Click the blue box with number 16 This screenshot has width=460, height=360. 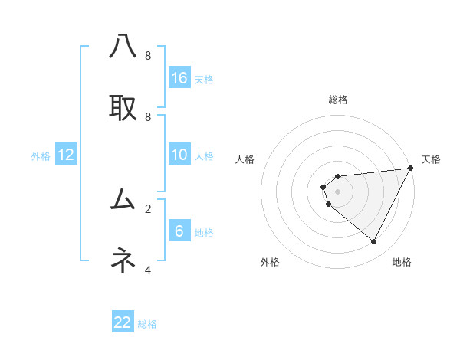tap(179, 77)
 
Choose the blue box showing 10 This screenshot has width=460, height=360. tap(179, 155)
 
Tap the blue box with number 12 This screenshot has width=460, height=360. tap(66, 155)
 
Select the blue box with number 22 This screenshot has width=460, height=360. tap(123, 322)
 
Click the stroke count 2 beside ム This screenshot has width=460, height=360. tap(148, 208)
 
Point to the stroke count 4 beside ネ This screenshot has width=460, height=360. tap(148, 270)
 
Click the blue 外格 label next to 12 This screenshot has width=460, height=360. tap(41, 156)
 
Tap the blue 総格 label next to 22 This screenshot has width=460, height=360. tap(147, 324)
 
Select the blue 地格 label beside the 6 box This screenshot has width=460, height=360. tap(204, 233)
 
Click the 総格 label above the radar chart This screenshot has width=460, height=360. tap(338, 100)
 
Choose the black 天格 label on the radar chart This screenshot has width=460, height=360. tap(431, 159)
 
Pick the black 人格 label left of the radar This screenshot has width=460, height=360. tap(245, 159)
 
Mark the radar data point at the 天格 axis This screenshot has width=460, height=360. tap(411, 168)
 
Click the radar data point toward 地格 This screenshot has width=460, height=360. tap(374, 242)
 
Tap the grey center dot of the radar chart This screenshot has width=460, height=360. tap(338, 191)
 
